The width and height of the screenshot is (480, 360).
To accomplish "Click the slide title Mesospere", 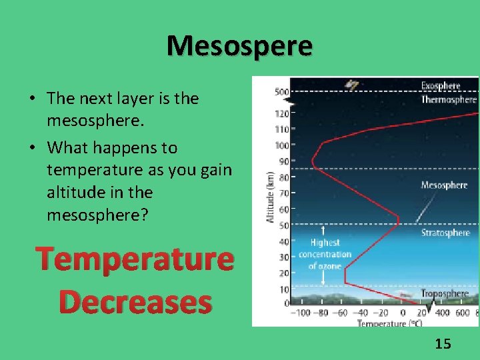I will pyautogui.click(x=239, y=46).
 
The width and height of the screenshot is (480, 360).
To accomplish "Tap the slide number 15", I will pyautogui.click(x=443, y=344).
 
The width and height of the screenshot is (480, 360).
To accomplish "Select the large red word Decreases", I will pyautogui.click(x=135, y=302).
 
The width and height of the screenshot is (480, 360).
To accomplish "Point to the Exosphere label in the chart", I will pyautogui.click(x=440, y=86).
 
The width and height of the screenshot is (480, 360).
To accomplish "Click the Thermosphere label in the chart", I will pyautogui.click(x=448, y=99).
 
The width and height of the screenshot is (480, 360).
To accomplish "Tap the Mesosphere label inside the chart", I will pyautogui.click(x=444, y=185).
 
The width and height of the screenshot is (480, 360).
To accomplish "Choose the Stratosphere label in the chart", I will pyautogui.click(x=445, y=233).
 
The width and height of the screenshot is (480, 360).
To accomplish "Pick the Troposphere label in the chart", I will pyautogui.click(x=445, y=293).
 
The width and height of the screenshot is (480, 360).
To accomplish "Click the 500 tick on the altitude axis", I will pyautogui.click(x=281, y=92).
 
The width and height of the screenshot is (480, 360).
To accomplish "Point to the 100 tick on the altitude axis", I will pyautogui.click(x=281, y=145).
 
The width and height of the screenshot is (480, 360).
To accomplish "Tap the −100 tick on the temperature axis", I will pyautogui.click(x=302, y=313).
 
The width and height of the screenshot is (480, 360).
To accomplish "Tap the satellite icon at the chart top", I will pyautogui.click(x=351, y=85).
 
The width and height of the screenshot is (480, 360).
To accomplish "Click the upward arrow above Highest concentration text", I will pyautogui.click(x=323, y=232).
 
